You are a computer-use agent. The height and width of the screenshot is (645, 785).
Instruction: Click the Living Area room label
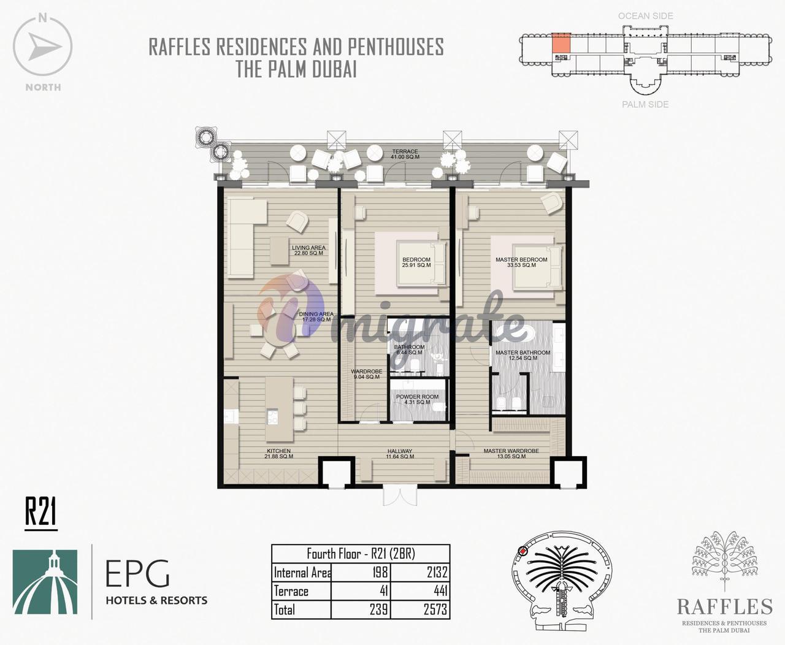tap(308, 250)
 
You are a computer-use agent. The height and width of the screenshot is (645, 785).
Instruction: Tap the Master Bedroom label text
tap(521, 262)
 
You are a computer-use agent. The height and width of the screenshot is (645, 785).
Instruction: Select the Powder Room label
tap(417, 399)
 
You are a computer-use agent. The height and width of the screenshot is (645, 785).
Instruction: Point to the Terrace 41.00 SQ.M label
tap(405, 154)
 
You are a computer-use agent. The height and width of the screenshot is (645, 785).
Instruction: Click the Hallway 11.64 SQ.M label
tap(400, 454)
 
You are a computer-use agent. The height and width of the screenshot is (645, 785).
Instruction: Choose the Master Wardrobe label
tap(511, 454)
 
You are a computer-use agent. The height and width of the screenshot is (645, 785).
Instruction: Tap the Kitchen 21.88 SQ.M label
tap(279, 454)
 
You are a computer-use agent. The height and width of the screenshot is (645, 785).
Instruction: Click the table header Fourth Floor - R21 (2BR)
tap(361, 554)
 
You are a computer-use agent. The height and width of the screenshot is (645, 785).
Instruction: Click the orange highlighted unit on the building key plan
tap(561, 43)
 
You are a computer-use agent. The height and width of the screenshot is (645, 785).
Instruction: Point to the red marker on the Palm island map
tap(523, 551)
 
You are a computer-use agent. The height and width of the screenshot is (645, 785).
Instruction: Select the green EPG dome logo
tap(45, 582)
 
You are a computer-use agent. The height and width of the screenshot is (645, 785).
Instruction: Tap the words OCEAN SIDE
tap(645, 16)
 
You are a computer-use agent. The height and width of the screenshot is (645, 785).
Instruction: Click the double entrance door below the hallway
tap(400, 495)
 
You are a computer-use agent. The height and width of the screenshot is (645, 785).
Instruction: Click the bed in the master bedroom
tap(537, 267)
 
